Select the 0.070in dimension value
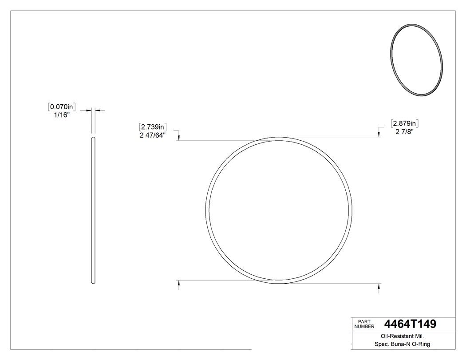pos(62,107)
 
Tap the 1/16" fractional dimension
pos(61,115)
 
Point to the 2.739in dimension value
pos(153,127)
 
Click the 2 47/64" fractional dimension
pos(152,135)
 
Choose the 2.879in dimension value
pos(404,123)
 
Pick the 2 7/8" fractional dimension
pos(404,131)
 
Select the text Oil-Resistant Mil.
pos(399,336)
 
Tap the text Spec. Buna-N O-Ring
pos(399,344)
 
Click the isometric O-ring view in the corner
pos(416,59)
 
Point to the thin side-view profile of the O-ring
pos(93,210)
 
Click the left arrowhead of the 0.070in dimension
pos(89,110)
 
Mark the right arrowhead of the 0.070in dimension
pos(98,110)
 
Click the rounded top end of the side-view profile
pos(93,138)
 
